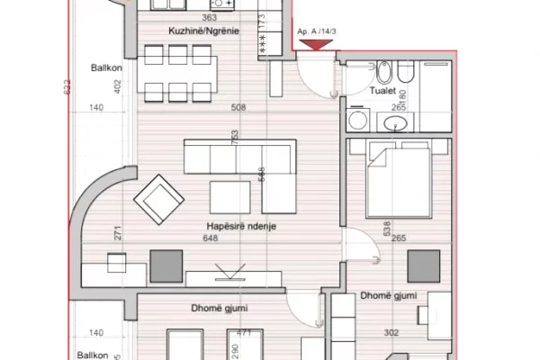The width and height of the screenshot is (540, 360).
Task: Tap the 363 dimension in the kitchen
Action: click(x=210, y=17)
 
